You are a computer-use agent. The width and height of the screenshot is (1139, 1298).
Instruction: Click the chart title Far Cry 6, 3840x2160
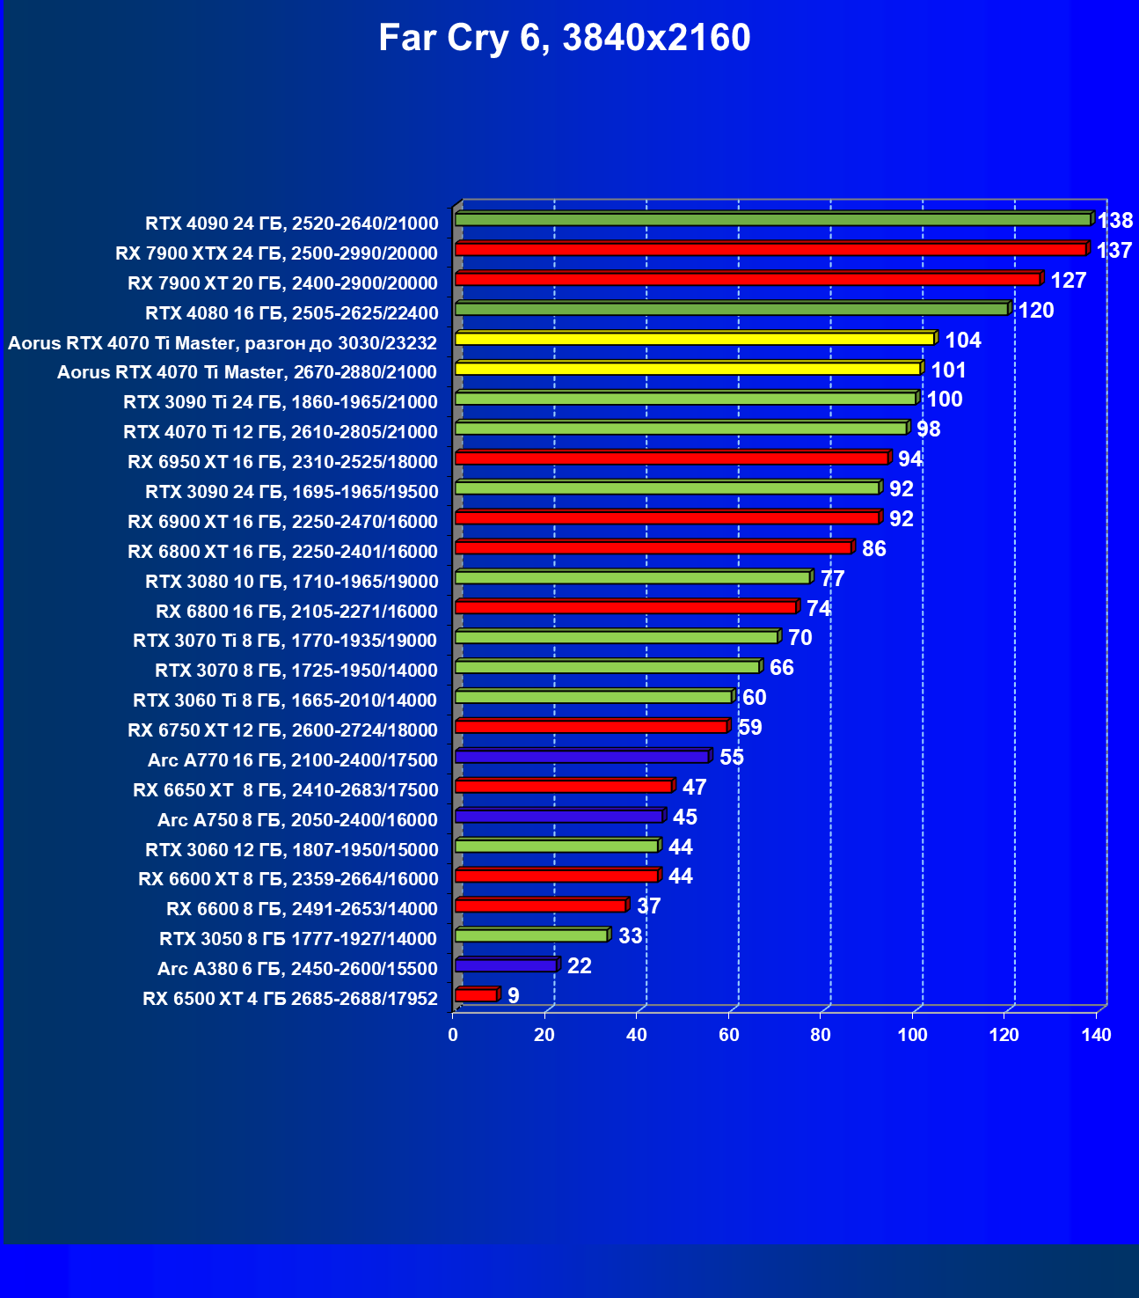pos(564,39)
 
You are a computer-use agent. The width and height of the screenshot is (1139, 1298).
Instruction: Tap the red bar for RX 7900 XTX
pos(770,250)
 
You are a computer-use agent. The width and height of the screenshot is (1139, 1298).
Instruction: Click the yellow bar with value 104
pos(694,339)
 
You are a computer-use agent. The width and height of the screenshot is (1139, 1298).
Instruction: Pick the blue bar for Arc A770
pos(581,757)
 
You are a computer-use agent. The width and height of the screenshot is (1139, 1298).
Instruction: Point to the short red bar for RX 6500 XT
pos(476,995)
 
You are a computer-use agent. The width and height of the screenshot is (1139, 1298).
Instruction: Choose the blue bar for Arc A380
pos(506,965)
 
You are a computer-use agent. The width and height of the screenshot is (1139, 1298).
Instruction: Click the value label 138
pos(1114,221)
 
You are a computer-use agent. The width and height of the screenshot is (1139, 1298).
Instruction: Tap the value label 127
pos(1069,281)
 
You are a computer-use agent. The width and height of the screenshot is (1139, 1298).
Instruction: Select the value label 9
pos(514,996)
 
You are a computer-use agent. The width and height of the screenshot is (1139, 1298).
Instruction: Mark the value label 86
pos(874,549)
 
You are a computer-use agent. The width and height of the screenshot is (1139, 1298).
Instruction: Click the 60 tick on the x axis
pos(729,1035)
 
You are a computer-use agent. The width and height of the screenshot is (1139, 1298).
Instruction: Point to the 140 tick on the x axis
pos(1097,1035)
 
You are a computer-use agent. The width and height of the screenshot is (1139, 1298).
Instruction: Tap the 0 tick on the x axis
pos(453,1035)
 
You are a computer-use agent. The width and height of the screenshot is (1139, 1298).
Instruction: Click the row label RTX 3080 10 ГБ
pos(291,582)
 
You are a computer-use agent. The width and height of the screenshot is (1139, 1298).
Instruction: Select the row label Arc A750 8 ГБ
pos(297,820)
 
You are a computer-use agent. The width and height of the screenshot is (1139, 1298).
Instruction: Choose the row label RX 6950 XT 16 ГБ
pos(282,462)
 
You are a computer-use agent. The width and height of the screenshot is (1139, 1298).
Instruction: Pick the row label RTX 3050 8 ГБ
pos(298,939)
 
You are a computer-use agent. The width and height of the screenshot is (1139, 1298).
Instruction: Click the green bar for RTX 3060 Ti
pos(594,697)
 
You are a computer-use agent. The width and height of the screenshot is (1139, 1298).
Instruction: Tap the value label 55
pos(732,758)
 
